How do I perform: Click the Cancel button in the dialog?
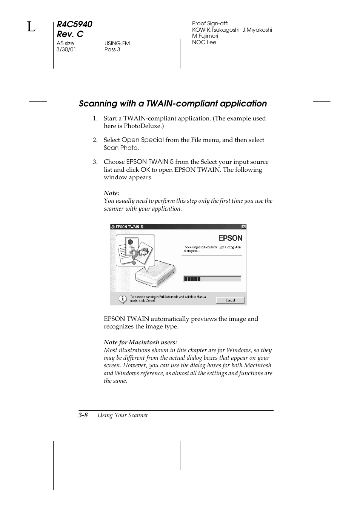point(230,300)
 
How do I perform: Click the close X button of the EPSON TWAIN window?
point(244,227)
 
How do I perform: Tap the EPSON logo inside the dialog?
point(230,238)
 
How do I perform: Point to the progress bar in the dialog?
point(212,279)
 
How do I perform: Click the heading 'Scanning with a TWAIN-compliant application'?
point(172,103)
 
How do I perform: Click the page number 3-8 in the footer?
point(83,415)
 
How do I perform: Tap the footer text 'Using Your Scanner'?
point(123,415)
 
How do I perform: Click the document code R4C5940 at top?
point(74,24)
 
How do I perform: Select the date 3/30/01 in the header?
point(66,49)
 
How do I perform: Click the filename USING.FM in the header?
point(117,43)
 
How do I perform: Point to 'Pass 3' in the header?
point(112,49)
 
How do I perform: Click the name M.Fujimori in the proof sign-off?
point(205,36)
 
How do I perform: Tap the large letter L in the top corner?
point(31,27)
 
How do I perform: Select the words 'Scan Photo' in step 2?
point(121,148)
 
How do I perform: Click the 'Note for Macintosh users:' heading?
point(140,342)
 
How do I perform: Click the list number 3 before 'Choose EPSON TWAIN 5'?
point(95,162)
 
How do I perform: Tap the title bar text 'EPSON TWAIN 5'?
point(129,227)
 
